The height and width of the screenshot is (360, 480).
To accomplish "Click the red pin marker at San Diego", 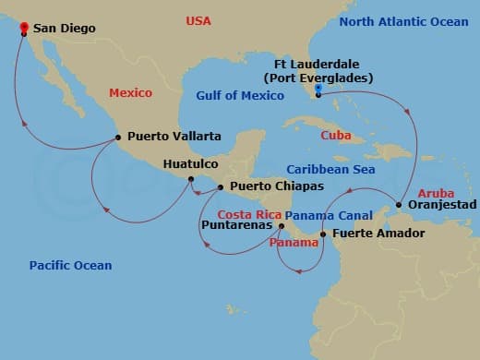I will pos(23,28).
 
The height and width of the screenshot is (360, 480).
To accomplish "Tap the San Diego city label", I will pos(65,29).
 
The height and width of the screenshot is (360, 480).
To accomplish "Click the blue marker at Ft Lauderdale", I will pos(318,89).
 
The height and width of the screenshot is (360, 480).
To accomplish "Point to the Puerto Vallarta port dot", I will pos(118,138).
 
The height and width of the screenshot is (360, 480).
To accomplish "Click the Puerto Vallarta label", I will pos(174,137).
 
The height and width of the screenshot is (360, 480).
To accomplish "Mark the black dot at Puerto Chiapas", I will pos(220,187).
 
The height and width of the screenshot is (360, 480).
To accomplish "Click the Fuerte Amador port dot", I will pos(322,234).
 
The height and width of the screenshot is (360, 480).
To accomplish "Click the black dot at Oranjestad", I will pos(398,205).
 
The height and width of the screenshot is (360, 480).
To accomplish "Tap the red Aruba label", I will pos(436,193).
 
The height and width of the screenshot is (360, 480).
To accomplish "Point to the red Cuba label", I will pos(334,135).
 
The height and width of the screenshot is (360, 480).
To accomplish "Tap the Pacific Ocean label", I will pos(70,266).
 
